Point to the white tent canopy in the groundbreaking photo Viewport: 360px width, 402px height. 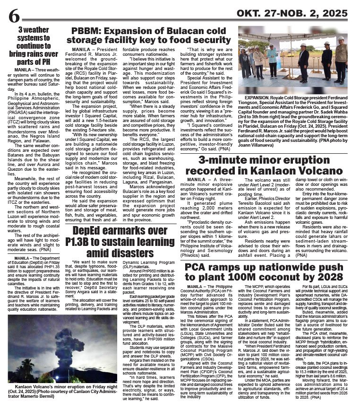tap(283, 35)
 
